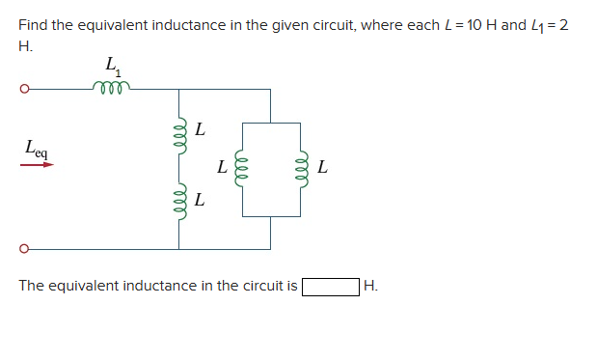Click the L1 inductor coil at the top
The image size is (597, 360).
(112, 88)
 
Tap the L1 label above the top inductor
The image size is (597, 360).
(113, 68)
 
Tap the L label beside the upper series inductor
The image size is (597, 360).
(199, 127)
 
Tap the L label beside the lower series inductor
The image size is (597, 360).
(199, 201)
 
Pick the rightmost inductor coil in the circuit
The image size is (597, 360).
(302, 169)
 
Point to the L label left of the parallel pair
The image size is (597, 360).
(222, 168)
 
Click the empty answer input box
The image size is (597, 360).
(330, 287)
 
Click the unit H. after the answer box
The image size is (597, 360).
(371, 287)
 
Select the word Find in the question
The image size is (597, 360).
(33, 24)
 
